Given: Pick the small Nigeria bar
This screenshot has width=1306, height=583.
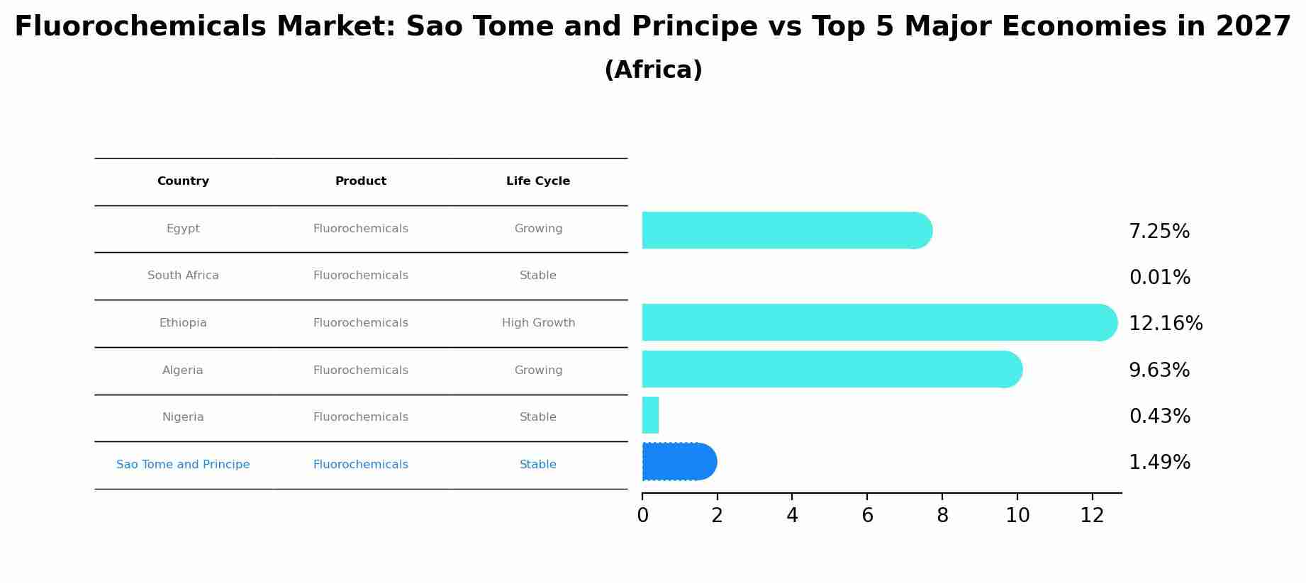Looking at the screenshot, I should pyautogui.click(x=650, y=415).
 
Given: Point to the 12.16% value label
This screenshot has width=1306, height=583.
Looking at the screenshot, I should pyautogui.click(x=1165, y=324).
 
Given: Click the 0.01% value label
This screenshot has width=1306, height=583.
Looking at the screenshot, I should pyautogui.click(x=1159, y=278).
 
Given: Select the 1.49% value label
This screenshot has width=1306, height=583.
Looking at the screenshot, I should pyautogui.click(x=1159, y=463).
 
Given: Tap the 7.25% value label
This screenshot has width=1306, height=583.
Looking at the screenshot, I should pyautogui.click(x=1159, y=232).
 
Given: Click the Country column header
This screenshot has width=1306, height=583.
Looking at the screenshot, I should pyautogui.click(x=183, y=181).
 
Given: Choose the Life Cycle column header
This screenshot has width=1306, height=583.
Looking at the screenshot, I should pyautogui.click(x=537, y=181).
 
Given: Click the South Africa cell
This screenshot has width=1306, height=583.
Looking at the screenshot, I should pyautogui.click(x=183, y=276).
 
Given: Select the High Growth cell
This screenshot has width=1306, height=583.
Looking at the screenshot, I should pyautogui.click(x=538, y=323).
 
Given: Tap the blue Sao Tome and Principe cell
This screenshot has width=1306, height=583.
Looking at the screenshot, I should pyautogui.click(x=183, y=465).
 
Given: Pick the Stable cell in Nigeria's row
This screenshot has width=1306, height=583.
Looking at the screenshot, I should pyautogui.click(x=537, y=417).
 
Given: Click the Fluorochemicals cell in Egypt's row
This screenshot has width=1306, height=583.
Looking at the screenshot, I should pyautogui.click(x=360, y=229).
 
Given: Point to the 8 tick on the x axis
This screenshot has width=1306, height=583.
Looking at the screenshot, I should pyautogui.click(x=942, y=516).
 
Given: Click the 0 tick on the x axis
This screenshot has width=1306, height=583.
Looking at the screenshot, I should pyautogui.click(x=642, y=516).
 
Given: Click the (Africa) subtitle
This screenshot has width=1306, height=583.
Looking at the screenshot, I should pyautogui.click(x=653, y=70).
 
